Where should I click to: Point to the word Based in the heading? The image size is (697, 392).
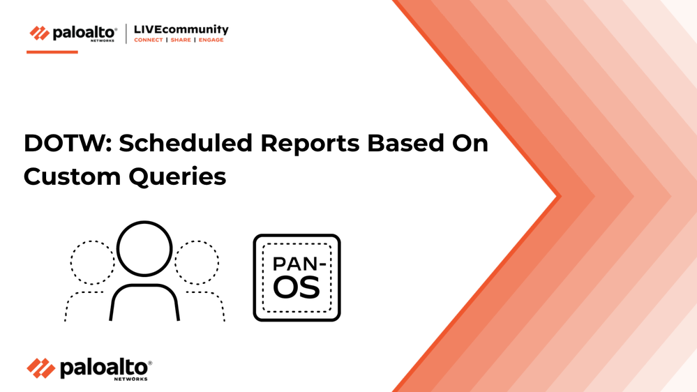(x=405, y=143)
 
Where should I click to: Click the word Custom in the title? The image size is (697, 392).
(x=73, y=176)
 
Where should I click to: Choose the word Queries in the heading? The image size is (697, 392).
(x=177, y=177)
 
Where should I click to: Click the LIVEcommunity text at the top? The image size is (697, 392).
(x=181, y=30)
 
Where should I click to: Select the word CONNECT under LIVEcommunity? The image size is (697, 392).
(x=149, y=40)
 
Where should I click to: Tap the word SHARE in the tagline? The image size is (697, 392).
(x=181, y=40)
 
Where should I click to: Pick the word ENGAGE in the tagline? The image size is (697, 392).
(x=211, y=40)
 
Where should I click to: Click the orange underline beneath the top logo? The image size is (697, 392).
(x=52, y=52)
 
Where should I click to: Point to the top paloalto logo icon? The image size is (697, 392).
(x=40, y=33)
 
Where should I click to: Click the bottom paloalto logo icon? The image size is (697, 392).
(x=41, y=368)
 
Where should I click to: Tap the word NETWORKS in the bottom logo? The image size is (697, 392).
(x=130, y=379)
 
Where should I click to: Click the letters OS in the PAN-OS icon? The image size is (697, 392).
(x=296, y=287)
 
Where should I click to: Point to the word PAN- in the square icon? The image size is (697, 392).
(x=299, y=264)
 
